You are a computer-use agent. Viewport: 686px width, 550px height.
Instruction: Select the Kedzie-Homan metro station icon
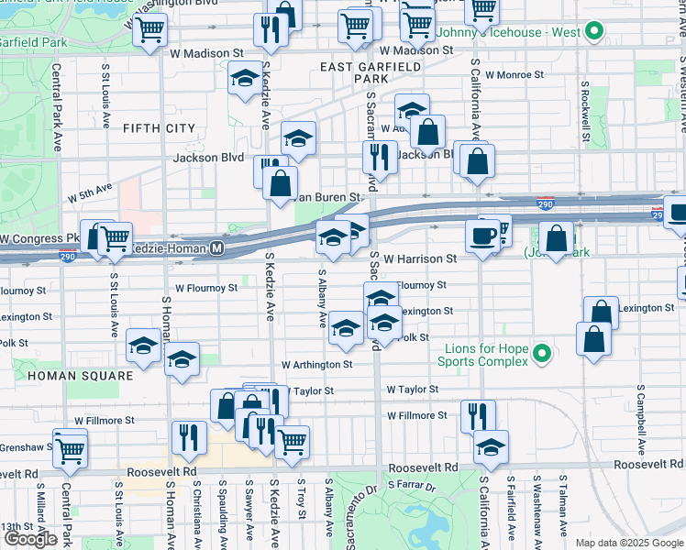coord(217,247)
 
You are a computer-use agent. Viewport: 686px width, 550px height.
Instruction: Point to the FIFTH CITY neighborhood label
coord(159,128)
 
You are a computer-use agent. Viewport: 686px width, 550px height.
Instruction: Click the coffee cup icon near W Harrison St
coord(482,236)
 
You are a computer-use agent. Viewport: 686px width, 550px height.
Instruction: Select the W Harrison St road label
coord(420,259)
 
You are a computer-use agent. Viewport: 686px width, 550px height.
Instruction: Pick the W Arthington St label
coord(317,365)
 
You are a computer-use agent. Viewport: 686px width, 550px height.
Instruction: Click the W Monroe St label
coord(514,74)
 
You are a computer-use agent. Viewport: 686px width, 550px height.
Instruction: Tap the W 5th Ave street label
coord(89,192)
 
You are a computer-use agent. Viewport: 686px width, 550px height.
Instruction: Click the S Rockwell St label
coord(583,106)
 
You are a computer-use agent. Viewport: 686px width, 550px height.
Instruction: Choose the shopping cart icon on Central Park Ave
coord(71,448)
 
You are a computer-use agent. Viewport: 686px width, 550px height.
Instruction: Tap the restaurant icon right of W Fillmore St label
coord(478,415)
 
